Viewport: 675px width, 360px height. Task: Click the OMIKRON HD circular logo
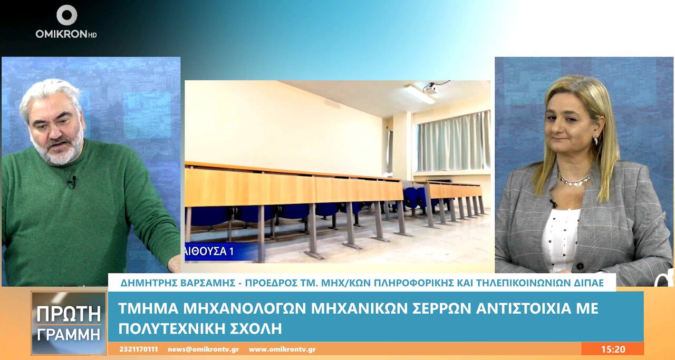tap(66, 15)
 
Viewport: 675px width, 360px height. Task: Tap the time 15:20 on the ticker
tap(613, 349)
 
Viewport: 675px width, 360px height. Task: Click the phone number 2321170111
tap(139, 349)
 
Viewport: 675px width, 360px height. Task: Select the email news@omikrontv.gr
tap(204, 349)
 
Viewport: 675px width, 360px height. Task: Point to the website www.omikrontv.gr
tap(282, 349)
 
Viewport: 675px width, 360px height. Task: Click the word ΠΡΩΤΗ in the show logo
tap(69, 314)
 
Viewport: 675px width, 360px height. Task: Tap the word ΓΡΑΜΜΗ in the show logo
tap(69, 334)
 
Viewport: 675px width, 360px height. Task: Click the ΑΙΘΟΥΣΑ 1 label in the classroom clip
tap(210, 251)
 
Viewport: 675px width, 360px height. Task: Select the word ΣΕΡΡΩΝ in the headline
tap(440, 308)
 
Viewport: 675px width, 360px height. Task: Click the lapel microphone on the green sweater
tap(72, 182)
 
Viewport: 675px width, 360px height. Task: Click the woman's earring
tap(596, 140)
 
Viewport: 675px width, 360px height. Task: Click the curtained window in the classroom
tap(454, 142)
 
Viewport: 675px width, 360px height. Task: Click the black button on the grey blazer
tap(580, 266)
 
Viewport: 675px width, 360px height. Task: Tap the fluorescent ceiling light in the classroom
tap(420, 94)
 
